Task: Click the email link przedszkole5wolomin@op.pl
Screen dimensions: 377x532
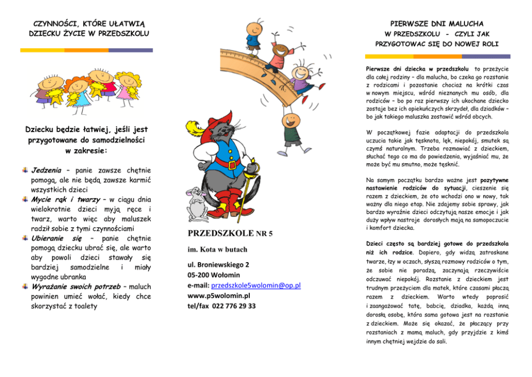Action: (x=256, y=285)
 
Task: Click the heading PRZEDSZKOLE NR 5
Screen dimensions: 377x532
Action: (x=230, y=233)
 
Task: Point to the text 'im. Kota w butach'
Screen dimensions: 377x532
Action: (x=217, y=250)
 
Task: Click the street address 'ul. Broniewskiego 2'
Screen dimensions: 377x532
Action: (x=218, y=265)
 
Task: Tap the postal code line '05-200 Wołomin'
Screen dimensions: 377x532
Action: (x=214, y=275)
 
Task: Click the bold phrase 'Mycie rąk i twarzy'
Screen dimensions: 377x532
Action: (x=69, y=199)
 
